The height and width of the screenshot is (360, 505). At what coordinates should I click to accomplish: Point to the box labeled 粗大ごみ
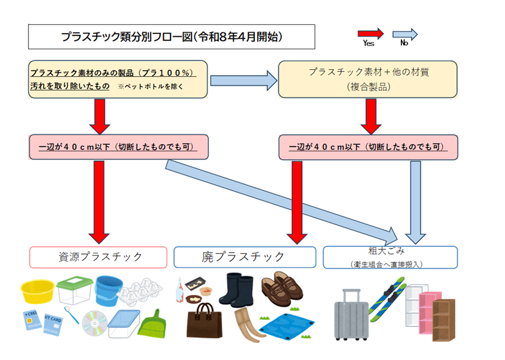pos(390,257)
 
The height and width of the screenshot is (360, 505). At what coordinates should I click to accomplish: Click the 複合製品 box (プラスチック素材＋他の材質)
pos(368,79)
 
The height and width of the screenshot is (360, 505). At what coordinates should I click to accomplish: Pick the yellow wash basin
pos(39,291)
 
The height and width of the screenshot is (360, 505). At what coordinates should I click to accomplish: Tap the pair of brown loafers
pos(280,290)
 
